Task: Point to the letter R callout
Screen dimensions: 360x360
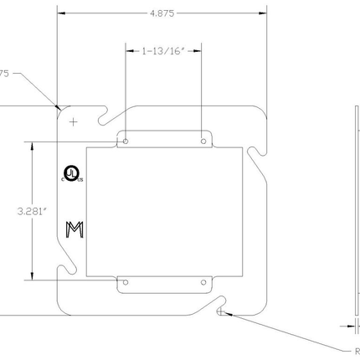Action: pos(355,351)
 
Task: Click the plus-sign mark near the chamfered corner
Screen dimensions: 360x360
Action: pos(74,121)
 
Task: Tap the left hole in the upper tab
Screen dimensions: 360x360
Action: pos(126,141)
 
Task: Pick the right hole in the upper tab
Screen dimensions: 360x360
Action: pos(203,141)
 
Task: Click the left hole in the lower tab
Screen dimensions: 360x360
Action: pos(126,284)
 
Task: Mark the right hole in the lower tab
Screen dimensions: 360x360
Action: pos(203,284)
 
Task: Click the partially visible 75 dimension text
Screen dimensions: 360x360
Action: pos(4,74)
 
